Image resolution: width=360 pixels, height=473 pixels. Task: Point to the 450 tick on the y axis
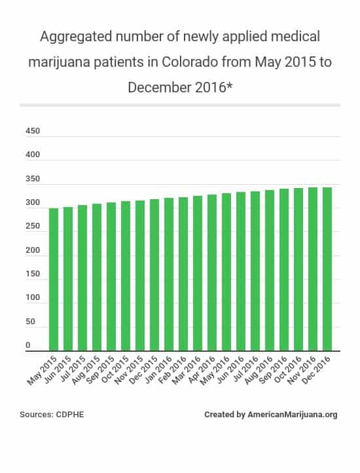[x=33, y=131]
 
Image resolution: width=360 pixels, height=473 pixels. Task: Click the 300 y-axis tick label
[x=33, y=203]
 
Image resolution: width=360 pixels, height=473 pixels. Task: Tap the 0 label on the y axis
[x=28, y=345]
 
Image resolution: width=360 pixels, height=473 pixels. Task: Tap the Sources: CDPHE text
[x=48, y=415]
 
